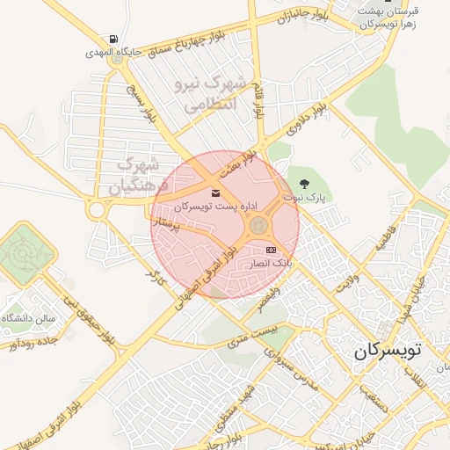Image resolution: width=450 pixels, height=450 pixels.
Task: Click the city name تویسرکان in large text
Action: tap(388, 351)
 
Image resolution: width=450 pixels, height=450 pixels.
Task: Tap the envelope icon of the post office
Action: tap(216, 192)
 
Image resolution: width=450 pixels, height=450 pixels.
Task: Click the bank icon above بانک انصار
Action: tap(270, 250)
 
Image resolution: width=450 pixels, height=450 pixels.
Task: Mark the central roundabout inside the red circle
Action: tap(258, 227)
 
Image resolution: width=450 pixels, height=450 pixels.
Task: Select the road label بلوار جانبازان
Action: tap(299, 13)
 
